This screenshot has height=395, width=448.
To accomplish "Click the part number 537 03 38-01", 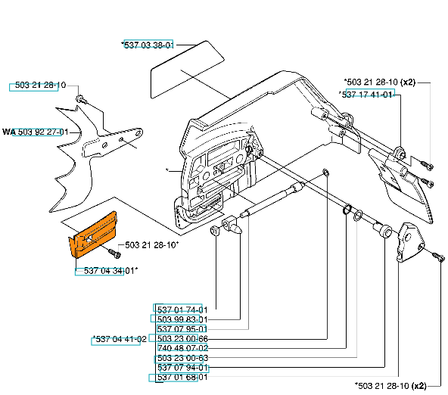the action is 148,45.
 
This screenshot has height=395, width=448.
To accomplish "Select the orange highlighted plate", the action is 93,235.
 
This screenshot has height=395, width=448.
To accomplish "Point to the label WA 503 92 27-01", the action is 36,132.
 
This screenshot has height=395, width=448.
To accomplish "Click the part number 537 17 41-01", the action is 366,95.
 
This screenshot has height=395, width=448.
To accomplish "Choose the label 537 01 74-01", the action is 182,309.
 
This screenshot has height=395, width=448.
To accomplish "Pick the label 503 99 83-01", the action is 182,319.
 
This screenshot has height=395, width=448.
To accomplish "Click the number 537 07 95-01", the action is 182,329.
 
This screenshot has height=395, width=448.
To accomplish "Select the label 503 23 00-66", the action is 182,339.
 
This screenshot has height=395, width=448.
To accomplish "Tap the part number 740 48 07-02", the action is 182,348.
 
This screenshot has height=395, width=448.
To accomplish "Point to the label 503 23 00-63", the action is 182,358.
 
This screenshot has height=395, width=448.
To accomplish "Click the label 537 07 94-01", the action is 182,368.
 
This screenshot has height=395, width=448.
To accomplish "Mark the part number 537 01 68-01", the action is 182,378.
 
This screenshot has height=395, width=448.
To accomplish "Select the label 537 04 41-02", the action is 120,339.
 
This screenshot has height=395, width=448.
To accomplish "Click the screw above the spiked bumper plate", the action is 80,99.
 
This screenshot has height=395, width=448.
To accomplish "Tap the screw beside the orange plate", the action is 114,253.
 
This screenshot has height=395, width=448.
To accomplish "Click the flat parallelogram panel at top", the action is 188,70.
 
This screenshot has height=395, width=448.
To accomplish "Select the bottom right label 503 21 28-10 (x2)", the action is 390,386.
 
